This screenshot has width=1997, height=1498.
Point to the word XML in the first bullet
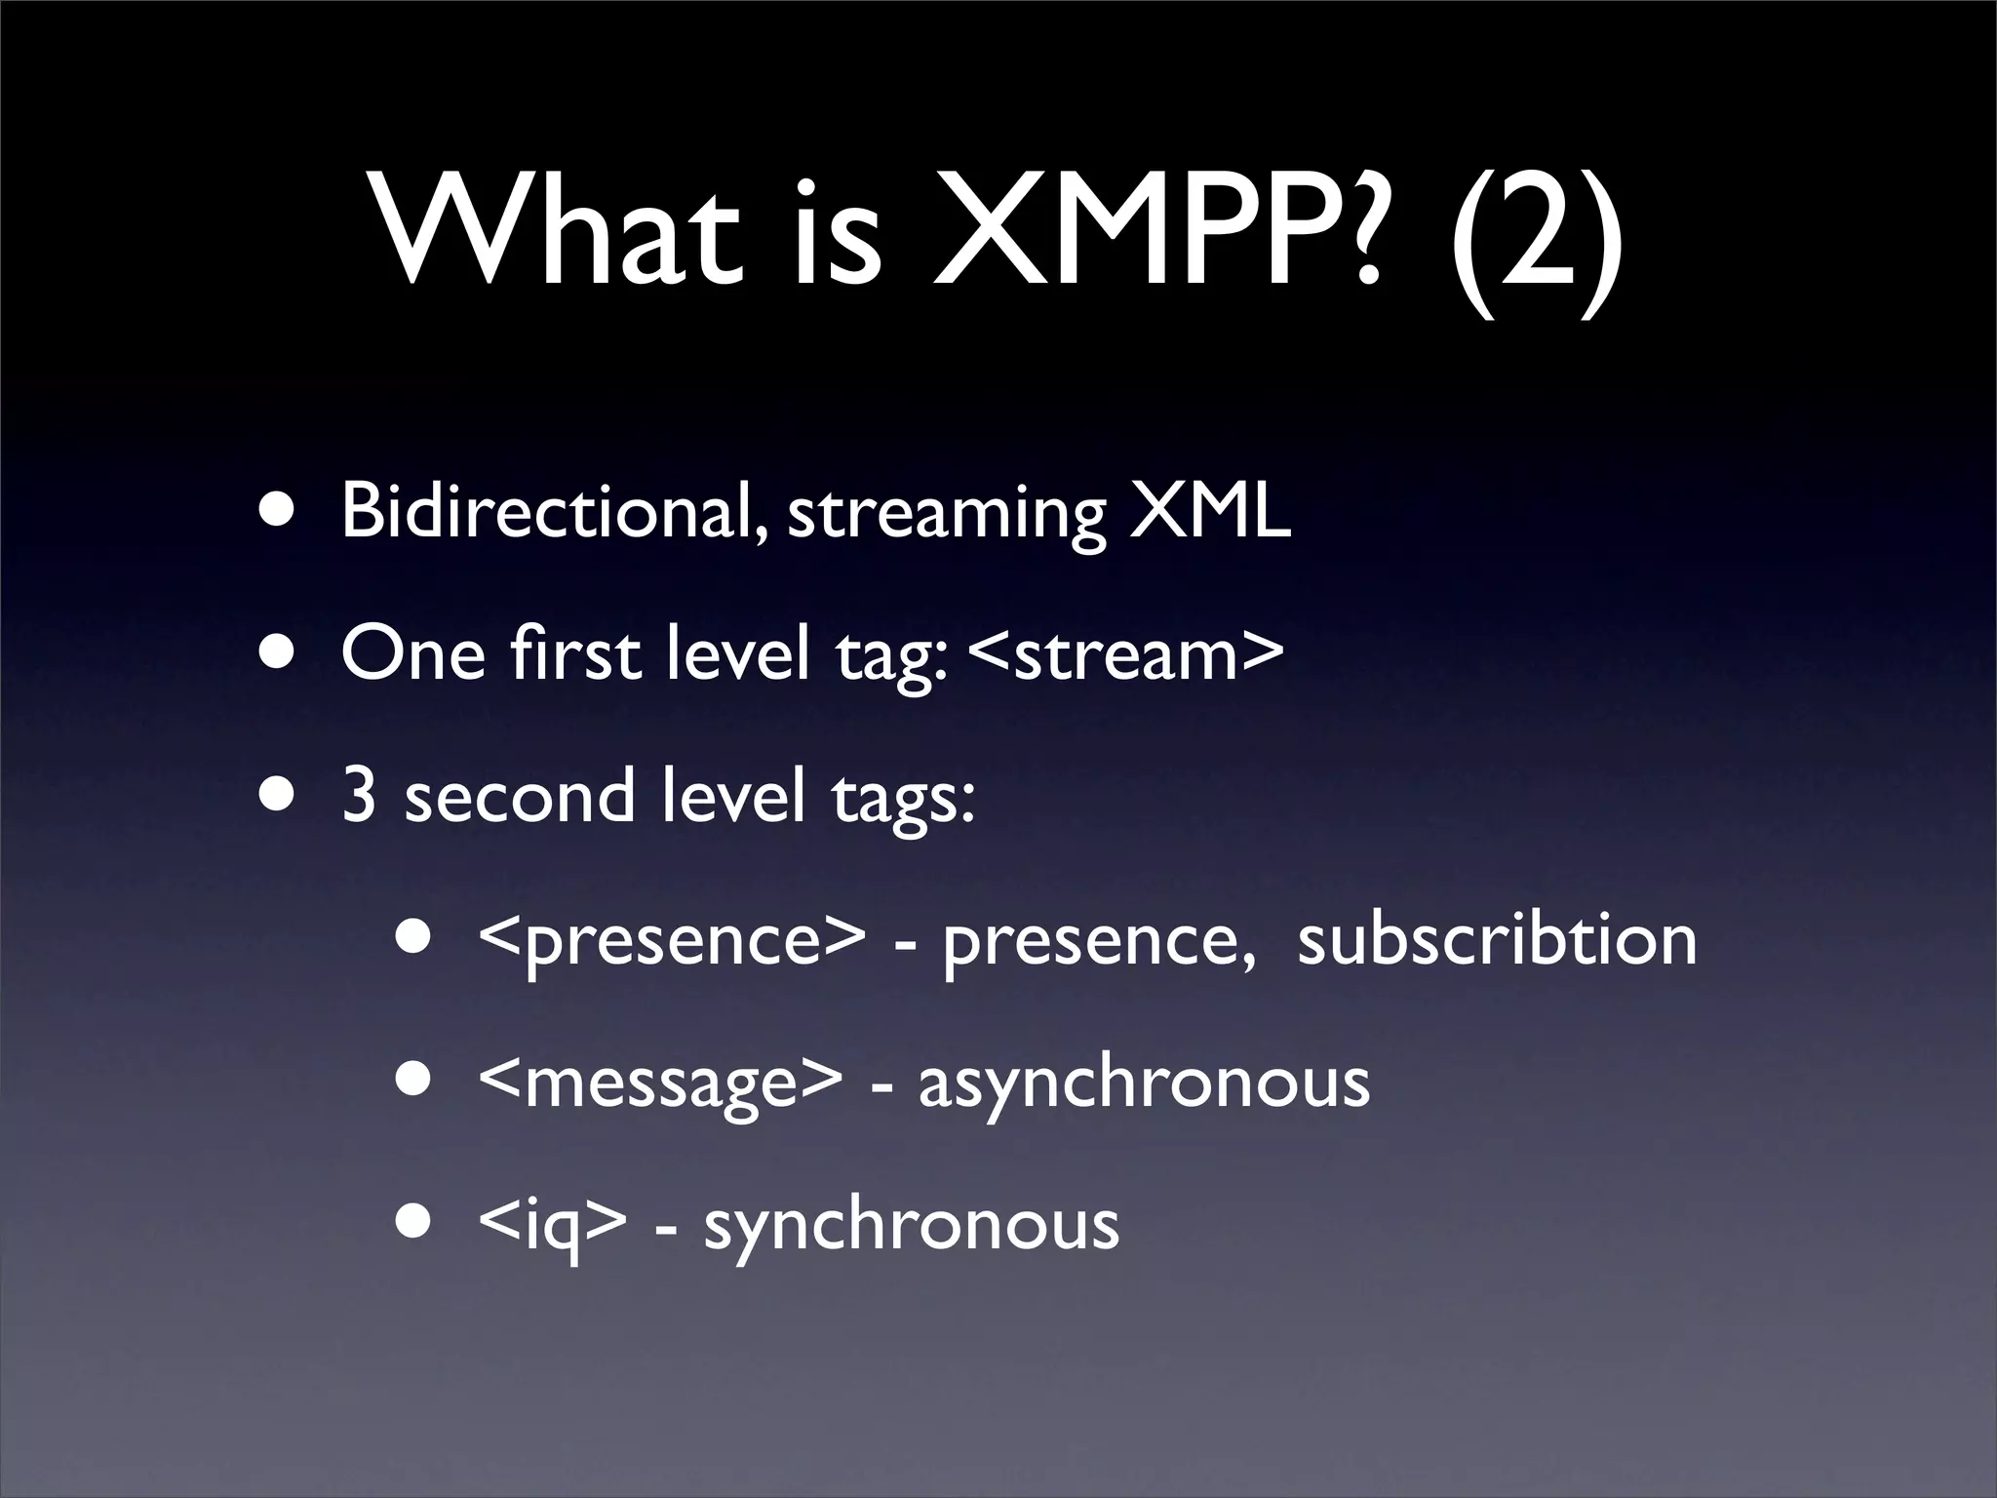point(1209,511)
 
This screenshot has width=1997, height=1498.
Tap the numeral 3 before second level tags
point(359,796)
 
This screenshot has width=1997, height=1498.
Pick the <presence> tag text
point(672,940)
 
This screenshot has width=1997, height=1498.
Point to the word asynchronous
point(1144,1083)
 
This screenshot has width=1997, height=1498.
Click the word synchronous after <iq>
point(912,1225)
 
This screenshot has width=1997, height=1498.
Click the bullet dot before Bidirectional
point(280,511)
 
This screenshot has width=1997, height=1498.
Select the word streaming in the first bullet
point(946,513)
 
